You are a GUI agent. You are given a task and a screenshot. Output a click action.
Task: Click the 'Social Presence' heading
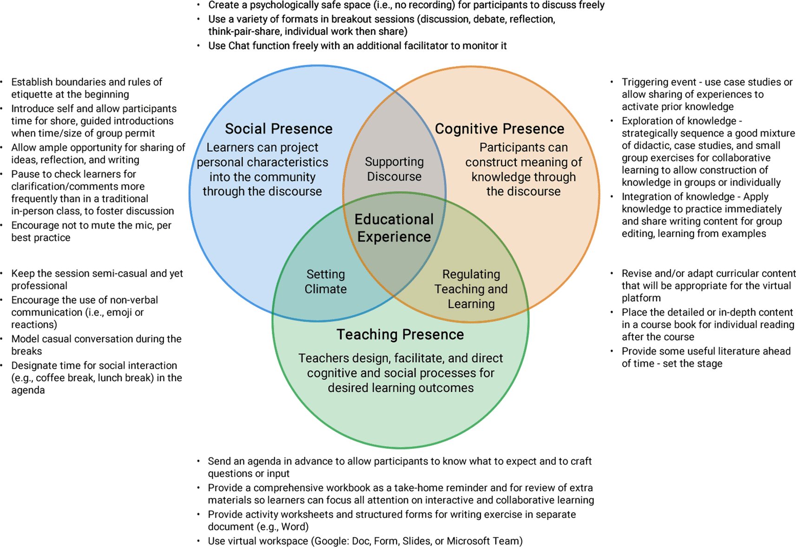(278, 129)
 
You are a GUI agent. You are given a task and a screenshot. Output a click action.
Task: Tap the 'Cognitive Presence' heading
(499, 129)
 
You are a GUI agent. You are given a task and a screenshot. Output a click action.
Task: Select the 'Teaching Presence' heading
(400, 334)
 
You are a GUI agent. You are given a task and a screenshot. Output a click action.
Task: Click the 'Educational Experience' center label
(394, 228)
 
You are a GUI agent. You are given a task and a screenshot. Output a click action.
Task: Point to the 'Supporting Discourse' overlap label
(394, 169)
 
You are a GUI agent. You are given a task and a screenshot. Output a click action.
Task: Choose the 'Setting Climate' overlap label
(325, 281)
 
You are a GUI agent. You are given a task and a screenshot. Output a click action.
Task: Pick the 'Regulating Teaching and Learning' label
(471, 289)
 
